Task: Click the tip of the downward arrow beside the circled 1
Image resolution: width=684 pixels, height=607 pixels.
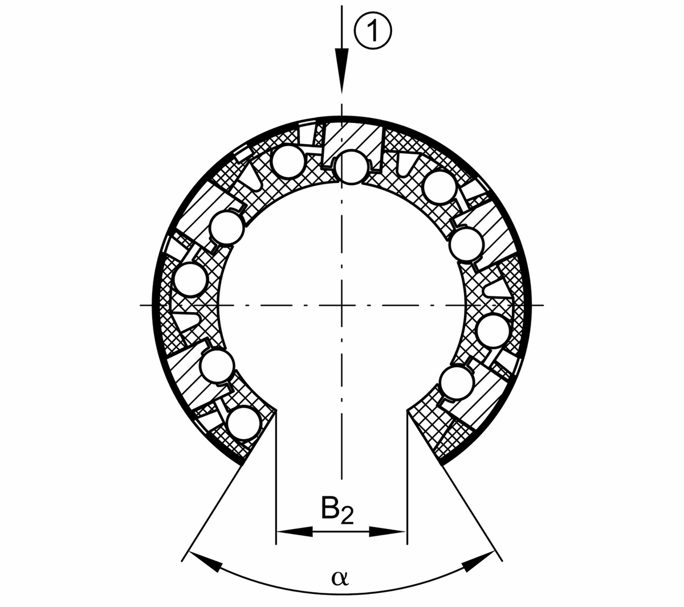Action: (x=341, y=92)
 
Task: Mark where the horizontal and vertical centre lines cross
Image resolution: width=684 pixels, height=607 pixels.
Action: (x=341, y=306)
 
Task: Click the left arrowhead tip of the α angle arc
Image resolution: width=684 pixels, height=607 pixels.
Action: (x=190, y=551)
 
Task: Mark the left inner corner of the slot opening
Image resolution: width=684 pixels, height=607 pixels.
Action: (x=276, y=410)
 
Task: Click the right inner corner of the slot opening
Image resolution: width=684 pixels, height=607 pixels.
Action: (x=407, y=410)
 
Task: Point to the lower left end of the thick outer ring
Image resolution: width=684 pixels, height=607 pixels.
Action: (x=242, y=464)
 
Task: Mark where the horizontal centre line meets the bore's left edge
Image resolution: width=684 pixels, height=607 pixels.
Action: (x=218, y=306)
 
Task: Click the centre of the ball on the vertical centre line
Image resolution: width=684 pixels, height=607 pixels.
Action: (x=351, y=167)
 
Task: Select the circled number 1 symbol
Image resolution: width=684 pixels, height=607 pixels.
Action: (x=373, y=31)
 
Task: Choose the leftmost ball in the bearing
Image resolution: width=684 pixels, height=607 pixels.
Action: (x=191, y=281)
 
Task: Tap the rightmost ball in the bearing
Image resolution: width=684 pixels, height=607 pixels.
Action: (x=494, y=331)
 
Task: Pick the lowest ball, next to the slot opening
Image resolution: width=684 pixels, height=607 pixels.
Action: (x=244, y=424)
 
